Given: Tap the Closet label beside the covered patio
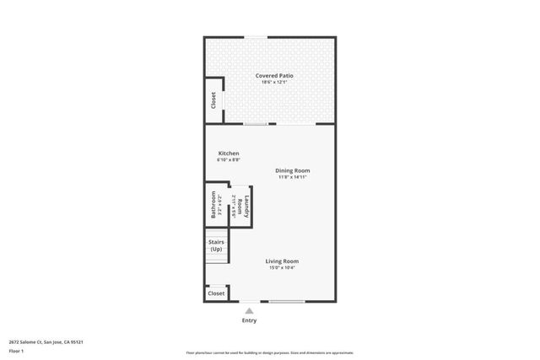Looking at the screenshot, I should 213,100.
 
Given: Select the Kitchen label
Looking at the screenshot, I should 228,153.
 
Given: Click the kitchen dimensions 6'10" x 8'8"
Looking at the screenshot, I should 228,160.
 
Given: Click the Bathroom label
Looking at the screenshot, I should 213,206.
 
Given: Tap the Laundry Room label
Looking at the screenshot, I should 240,206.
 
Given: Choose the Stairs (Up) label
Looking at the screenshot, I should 216,246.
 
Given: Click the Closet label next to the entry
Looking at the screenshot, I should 216,293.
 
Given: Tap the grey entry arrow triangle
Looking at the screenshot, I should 249,310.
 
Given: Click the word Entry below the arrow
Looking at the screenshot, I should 249,320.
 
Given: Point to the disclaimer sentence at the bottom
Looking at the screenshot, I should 270,352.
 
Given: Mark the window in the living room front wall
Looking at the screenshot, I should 287,302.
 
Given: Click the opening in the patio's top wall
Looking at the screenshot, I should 257,36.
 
